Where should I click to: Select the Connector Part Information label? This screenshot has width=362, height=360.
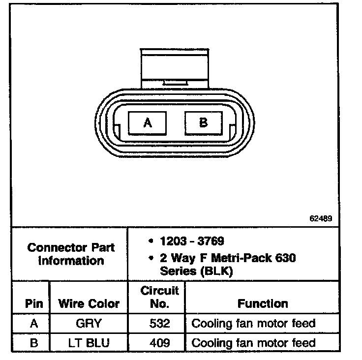click(x=71, y=254)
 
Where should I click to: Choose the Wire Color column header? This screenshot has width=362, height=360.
click(x=89, y=303)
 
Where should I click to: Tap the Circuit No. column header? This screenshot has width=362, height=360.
click(x=159, y=297)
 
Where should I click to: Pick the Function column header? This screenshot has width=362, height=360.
click(x=263, y=303)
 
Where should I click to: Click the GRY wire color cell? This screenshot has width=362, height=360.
click(x=89, y=324)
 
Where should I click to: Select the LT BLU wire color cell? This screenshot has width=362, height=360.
click(x=89, y=343)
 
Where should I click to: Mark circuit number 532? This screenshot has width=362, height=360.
click(x=159, y=324)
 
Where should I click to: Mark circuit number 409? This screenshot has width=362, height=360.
click(x=159, y=343)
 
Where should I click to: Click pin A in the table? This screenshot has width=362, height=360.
click(x=33, y=324)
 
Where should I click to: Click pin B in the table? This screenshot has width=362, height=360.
click(x=33, y=343)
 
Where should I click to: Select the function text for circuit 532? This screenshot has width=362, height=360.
click(x=253, y=324)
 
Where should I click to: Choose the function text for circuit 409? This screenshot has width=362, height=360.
click(x=253, y=343)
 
